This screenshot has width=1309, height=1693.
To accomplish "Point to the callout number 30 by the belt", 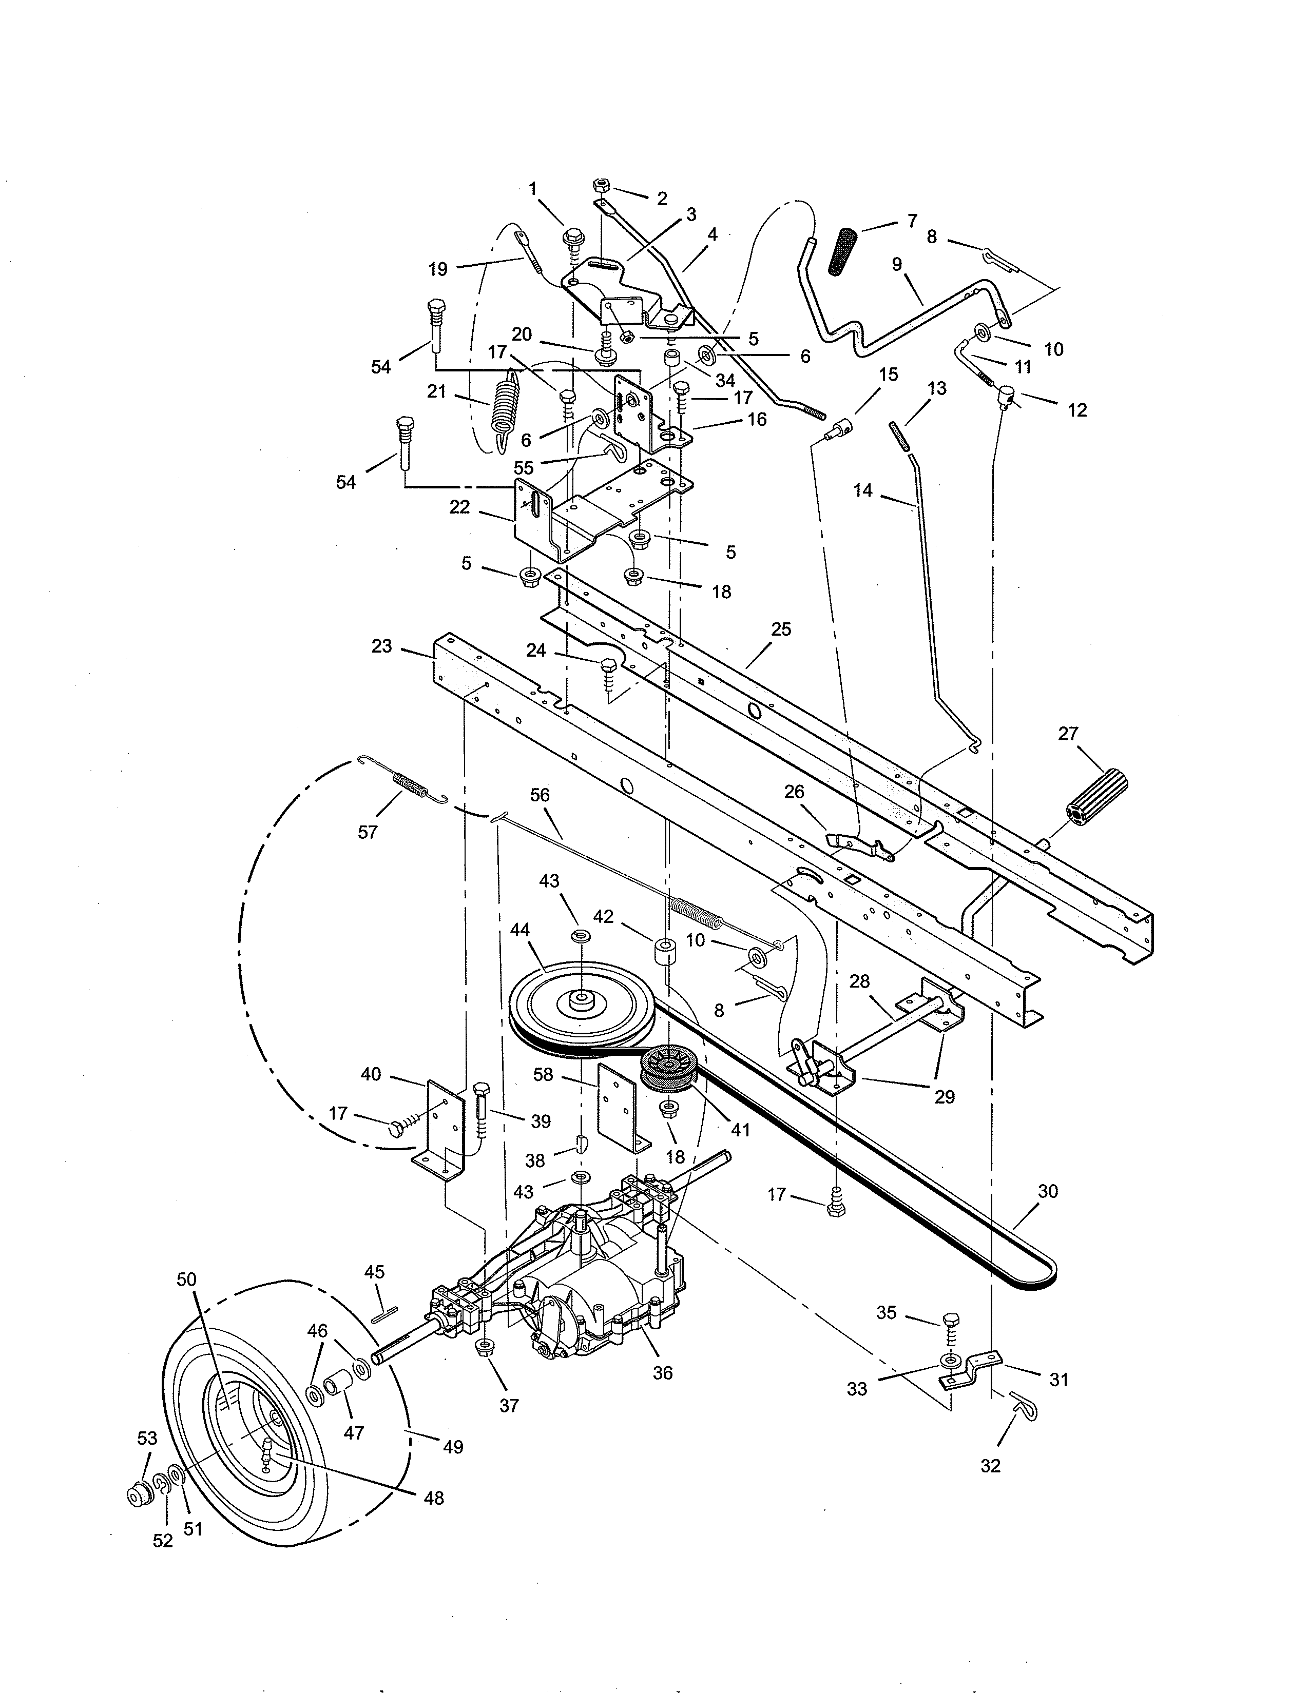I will [1048, 1191].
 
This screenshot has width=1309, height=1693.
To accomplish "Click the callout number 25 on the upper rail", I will [781, 629].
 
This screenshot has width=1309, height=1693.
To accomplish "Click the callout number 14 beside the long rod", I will [862, 490].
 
